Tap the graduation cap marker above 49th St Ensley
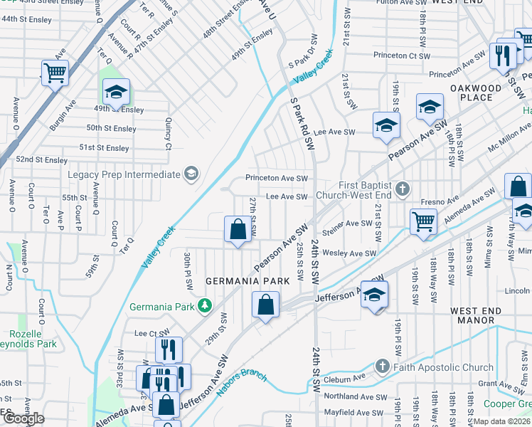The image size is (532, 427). coord(116,92)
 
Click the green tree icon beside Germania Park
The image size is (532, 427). coord(204,306)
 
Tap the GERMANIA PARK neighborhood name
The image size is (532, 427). coord(248,281)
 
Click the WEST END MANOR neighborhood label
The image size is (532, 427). coord(482,315)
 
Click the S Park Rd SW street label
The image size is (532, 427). coord(302,122)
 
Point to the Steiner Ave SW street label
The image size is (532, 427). coord(348,223)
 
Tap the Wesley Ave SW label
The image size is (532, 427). coord(349,253)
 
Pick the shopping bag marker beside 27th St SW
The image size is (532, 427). coord(238,229)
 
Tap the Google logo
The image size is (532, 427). coord(23,418)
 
